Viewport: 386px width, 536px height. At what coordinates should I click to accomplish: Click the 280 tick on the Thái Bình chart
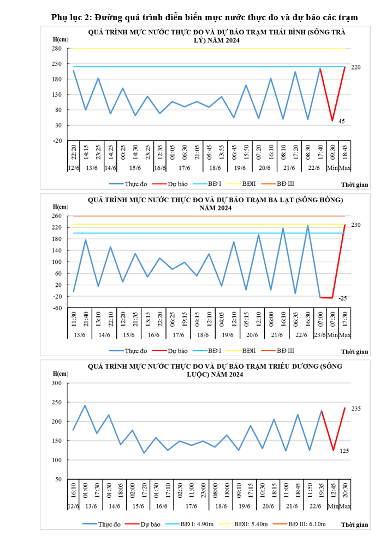(56, 48)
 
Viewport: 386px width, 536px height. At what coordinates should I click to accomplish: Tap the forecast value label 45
(342, 121)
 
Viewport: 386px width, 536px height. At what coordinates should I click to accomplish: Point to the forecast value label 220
(356, 67)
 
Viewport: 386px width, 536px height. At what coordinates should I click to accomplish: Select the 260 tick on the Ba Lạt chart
(56, 216)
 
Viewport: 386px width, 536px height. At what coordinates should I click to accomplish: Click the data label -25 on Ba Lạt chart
(342, 298)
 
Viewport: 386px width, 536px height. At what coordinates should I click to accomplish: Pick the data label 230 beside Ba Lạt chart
(356, 225)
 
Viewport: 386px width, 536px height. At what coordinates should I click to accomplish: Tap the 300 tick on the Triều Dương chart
(56, 383)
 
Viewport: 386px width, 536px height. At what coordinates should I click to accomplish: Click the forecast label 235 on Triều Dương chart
(356, 409)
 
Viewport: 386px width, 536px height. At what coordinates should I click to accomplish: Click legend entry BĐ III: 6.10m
(302, 524)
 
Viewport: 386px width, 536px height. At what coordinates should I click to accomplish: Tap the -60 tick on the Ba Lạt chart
(57, 308)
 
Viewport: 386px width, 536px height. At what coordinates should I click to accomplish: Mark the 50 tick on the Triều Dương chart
(57, 479)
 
